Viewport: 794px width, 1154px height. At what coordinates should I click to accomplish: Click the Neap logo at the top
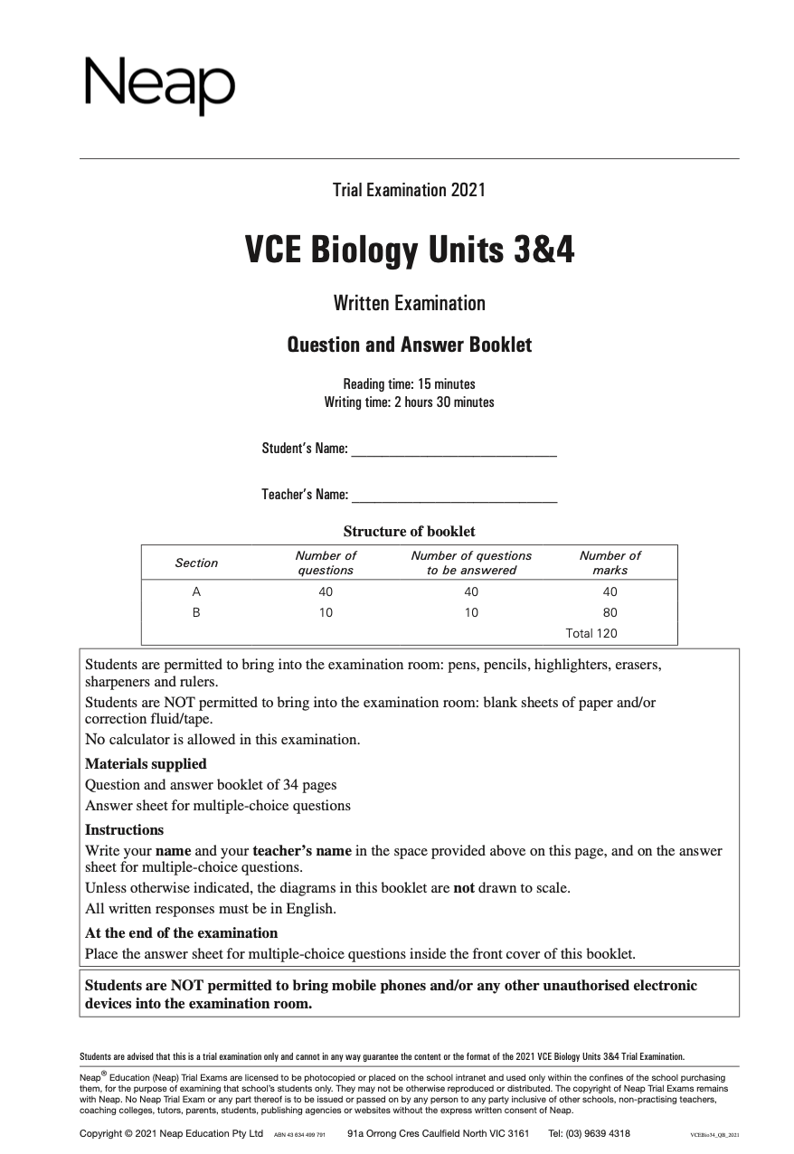point(159,85)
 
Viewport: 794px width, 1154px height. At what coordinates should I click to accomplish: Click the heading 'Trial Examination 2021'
point(409,190)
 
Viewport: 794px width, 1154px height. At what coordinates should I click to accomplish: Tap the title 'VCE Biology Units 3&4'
point(409,251)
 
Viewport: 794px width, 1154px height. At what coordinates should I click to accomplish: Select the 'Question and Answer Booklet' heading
point(409,345)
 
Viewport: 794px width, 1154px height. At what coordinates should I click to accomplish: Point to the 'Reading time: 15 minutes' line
point(409,383)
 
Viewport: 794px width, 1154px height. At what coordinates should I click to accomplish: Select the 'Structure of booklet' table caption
point(409,532)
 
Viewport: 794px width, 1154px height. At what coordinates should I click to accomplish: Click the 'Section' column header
point(196,563)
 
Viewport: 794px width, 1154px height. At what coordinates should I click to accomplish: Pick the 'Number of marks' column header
point(610,563)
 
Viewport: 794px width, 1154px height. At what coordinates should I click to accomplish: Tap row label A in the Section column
point(196,591)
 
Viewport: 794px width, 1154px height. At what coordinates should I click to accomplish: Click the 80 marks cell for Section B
point(610,612)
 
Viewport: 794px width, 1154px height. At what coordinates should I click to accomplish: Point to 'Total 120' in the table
point(591,633)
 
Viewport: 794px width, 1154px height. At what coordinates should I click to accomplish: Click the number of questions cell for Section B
point(326,612)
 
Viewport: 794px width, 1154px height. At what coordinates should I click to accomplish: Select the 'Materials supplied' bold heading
point(146,763)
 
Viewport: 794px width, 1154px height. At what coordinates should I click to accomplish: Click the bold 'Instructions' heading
point(125,829)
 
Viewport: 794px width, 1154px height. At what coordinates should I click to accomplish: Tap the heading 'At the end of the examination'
point(181,932)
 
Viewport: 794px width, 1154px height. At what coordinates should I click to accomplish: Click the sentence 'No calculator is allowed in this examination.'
point(222,739)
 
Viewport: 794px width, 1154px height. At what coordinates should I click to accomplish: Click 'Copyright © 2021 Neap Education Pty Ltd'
point(171,1133)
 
